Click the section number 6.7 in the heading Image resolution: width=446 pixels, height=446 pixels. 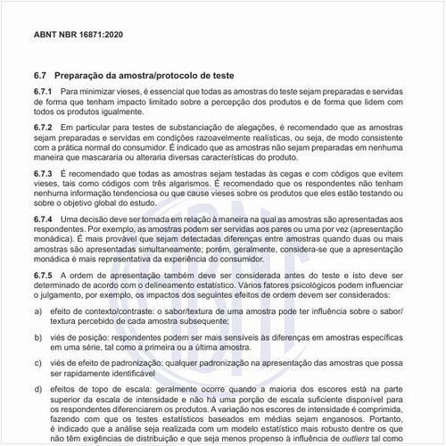pos(40,76)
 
